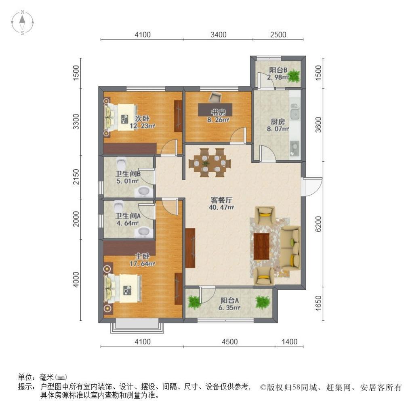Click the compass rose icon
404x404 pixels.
[22, 22]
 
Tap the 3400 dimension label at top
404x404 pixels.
[218, 34]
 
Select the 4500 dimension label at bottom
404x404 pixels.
[229, 342]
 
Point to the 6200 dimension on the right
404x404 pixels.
[318, 224]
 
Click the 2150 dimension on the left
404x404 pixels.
[76, 177]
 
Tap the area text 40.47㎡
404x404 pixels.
[221, 207]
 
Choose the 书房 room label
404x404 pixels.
[218, 112]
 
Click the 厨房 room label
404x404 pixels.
[278, 122]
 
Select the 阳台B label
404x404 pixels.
[278, 70]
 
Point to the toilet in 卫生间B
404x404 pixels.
[121, 162]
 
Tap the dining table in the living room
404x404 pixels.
[210, 163]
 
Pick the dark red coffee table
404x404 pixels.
[261, 246]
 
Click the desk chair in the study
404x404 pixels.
[215, 97]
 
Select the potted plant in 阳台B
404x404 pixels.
[294, 76]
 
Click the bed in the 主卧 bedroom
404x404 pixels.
[123, 288]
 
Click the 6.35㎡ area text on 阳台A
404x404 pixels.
[229, 307]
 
